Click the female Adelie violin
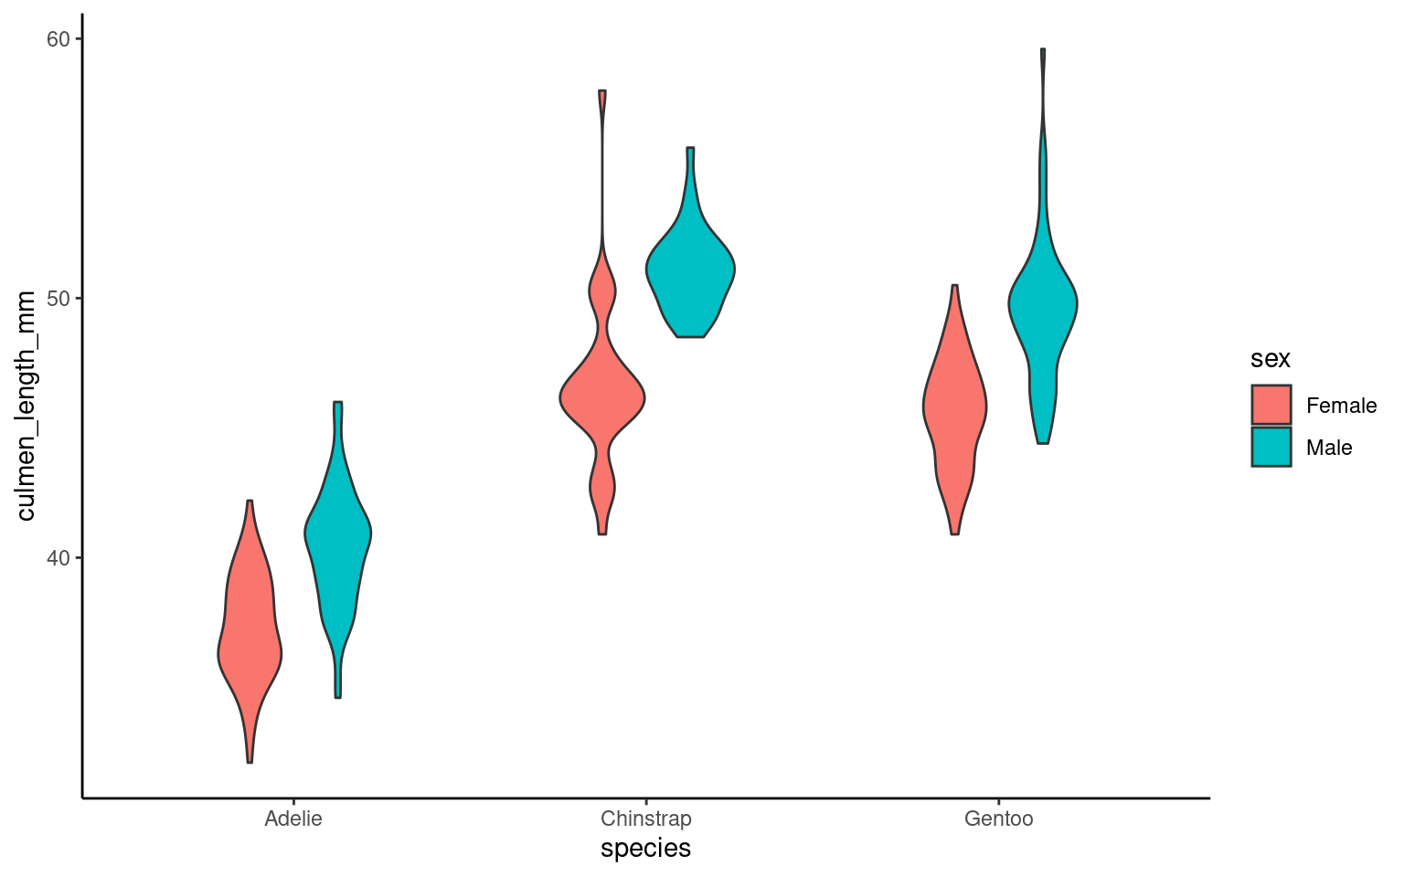point(250,639)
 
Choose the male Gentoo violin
point(1043,306)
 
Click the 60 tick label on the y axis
point(58,39)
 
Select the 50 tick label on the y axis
point(58,299)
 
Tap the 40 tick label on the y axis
point(58,558)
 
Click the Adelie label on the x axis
point(293,819)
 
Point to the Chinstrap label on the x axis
point(646,819)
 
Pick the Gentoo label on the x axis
point(998,819)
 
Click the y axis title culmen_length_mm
point(27,406)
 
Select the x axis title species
point(645,849)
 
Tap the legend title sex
point(1271,359)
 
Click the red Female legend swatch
point(1271,405)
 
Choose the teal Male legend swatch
point(1271,447)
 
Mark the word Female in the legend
point(1341,406)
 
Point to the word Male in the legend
point(1329,448)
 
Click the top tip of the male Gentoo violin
point(1043,50)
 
